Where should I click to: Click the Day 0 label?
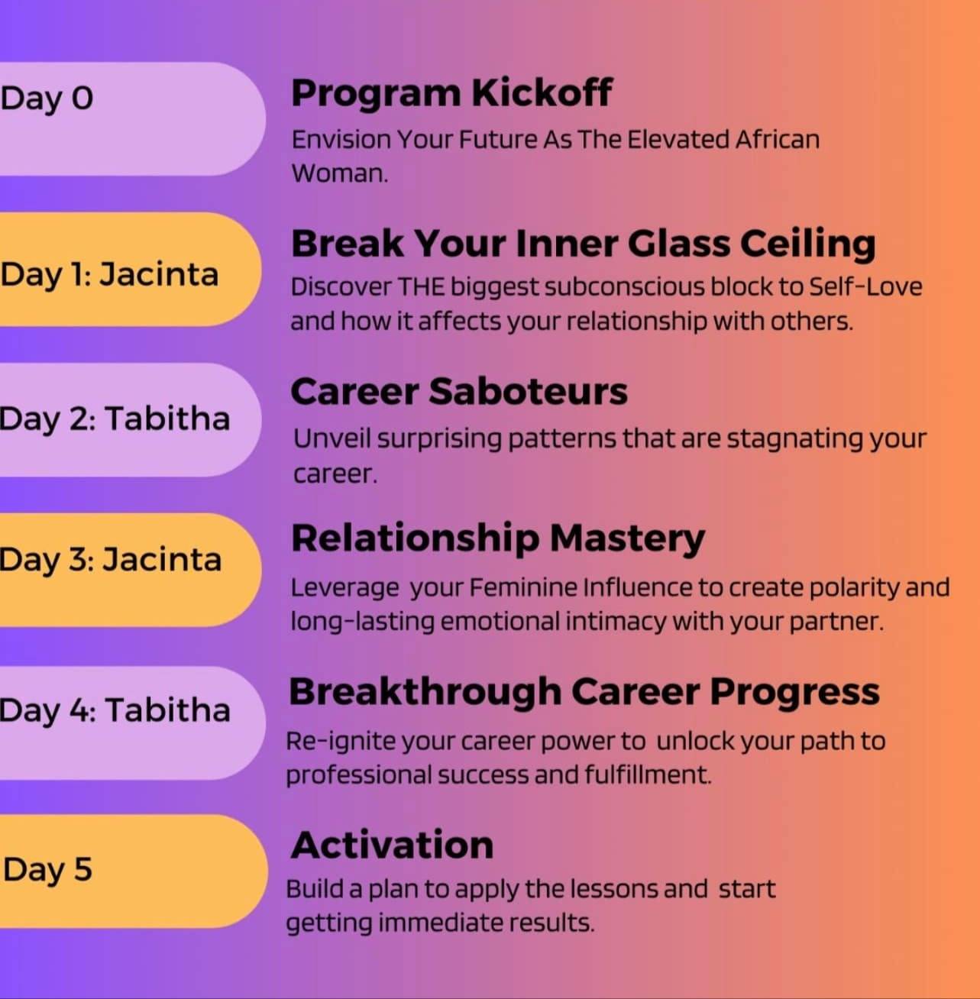pos(47,99)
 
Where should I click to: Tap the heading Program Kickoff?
pos(451,93)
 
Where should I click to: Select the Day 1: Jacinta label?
pos(109,275)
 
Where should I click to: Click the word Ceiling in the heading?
pos(808,244)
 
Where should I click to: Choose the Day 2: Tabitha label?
pos(114,419)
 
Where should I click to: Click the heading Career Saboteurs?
pos(459,391)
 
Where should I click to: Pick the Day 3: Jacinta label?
pos(110,560)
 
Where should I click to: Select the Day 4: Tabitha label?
pos(115,710)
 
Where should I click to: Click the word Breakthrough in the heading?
pos(425,692)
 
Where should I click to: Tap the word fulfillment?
pos(648,775)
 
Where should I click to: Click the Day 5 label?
pos(47,869)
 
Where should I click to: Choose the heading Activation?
pos(392,845)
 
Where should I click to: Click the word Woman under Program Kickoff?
pos(340,173)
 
